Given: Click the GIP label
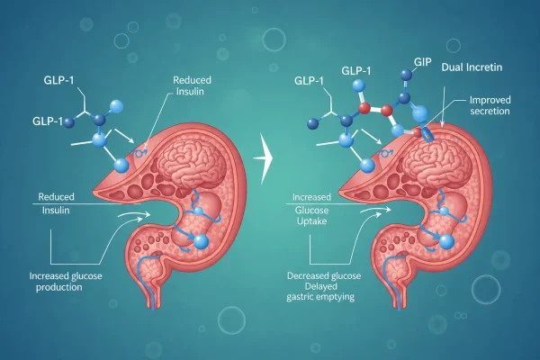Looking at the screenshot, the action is tap(423, 62).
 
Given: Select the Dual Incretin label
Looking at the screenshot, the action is tap(472, 67).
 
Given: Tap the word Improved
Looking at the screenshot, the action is tap(490, 100).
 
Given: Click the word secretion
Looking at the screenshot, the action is tap(490, 112).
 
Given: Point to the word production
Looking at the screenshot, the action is tap(58, 287).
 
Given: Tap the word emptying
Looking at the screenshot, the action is tap(336, 297).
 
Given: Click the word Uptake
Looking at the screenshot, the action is tap(311, 221).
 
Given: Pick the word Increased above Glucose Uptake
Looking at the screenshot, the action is tap(311, 197).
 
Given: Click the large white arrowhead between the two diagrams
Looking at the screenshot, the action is tap(264, 158).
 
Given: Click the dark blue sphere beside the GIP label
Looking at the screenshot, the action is tap(407, 75).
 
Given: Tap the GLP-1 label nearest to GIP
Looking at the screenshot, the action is tap(356, 70).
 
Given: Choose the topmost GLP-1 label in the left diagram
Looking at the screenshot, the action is tap(58, 80).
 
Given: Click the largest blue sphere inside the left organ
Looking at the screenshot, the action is tap(201, 242).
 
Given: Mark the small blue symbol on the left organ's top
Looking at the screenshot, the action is tap(140, 153).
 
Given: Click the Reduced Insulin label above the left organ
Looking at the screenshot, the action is tap(192, 85).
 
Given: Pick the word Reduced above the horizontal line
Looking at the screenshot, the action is tap(56, 197).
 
